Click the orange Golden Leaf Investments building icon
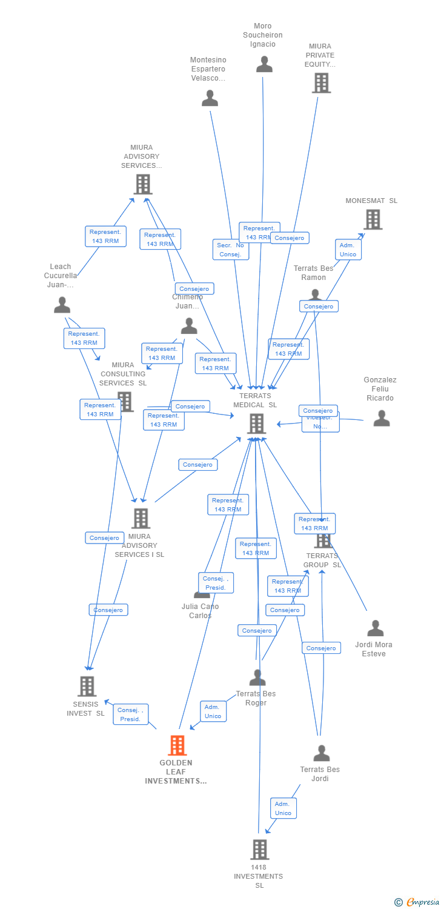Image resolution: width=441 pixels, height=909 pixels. (x=177, y=745)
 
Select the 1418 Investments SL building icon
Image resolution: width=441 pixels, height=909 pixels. (x=259, y=850)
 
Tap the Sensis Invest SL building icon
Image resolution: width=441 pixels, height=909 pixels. (x=87, y=686)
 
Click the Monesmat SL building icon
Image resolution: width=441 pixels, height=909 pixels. (x=373, y=219)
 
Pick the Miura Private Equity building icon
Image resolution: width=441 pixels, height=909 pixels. (x=321, y=83)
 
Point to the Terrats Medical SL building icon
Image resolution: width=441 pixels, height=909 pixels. (x=256, y=424)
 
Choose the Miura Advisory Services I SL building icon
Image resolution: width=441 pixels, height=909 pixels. (x=141, y=518)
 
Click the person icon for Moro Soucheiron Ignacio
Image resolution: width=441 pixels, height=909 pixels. (x=264, y=64)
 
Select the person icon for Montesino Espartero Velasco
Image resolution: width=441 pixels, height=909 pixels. (x=210, y=98)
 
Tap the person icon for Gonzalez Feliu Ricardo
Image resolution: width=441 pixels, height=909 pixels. (x=381, y=418)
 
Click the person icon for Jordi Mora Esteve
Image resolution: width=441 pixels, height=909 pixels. (x=375, y=628)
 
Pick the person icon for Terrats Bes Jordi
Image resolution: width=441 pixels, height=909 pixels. (x=321, y=753)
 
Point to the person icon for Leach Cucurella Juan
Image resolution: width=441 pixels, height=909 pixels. (x=62, y=305)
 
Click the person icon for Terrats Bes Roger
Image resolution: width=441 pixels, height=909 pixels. (x=257, y=678)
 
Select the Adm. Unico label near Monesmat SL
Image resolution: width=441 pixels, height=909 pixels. (x=348, y=250)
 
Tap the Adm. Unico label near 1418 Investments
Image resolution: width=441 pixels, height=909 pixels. (x=283, y=808)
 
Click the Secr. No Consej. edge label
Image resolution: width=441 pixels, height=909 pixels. (x=231, y=250)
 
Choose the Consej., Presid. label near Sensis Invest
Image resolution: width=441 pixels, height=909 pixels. (x=130, y=714)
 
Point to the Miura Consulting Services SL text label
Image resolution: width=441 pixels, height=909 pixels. (x=123, y=374)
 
